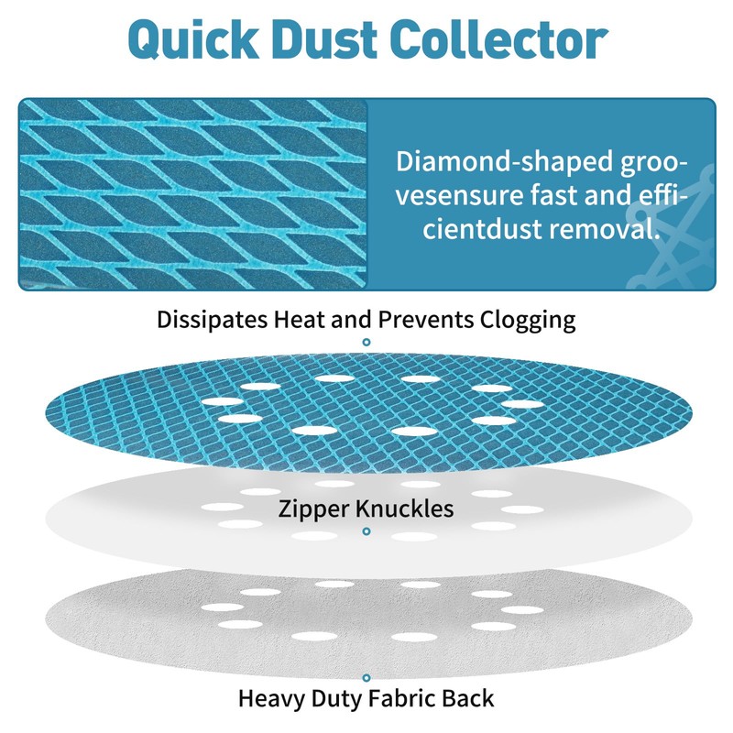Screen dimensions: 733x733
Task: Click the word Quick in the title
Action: [193, 39]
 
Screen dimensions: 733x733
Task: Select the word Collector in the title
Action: [501, 39]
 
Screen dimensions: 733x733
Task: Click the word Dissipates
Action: [213, 321]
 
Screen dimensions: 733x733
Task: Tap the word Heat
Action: [300, 320]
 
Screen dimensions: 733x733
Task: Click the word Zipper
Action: [313, 509]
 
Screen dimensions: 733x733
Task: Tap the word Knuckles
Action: [404, 509]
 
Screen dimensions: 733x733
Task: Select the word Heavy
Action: [271, 699]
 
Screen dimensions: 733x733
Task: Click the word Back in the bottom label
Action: [467, 698]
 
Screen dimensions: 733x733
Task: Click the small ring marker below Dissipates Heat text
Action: [366, 342]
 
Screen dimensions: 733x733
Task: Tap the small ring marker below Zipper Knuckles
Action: [366, 531]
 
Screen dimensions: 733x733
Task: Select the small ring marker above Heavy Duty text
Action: [366, 678]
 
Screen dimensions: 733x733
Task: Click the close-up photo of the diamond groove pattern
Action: [192, 194]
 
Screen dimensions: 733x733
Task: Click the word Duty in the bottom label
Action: [336, 699]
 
